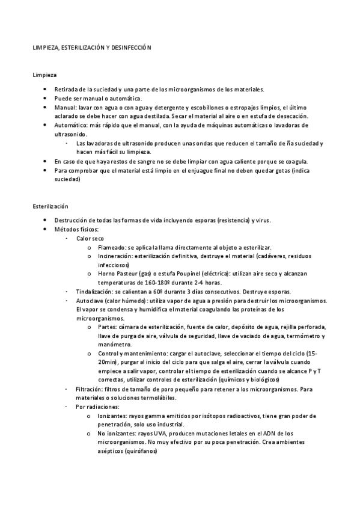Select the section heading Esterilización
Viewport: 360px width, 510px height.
pyautogui.click(x=50, y=206)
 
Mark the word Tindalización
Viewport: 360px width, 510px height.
pyautogui.click(x=94, y=292)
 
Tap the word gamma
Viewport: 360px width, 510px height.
pyautogui.click(x=153, y=416)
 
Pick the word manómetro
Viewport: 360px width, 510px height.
pyautogui.click(x=114, y=345)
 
